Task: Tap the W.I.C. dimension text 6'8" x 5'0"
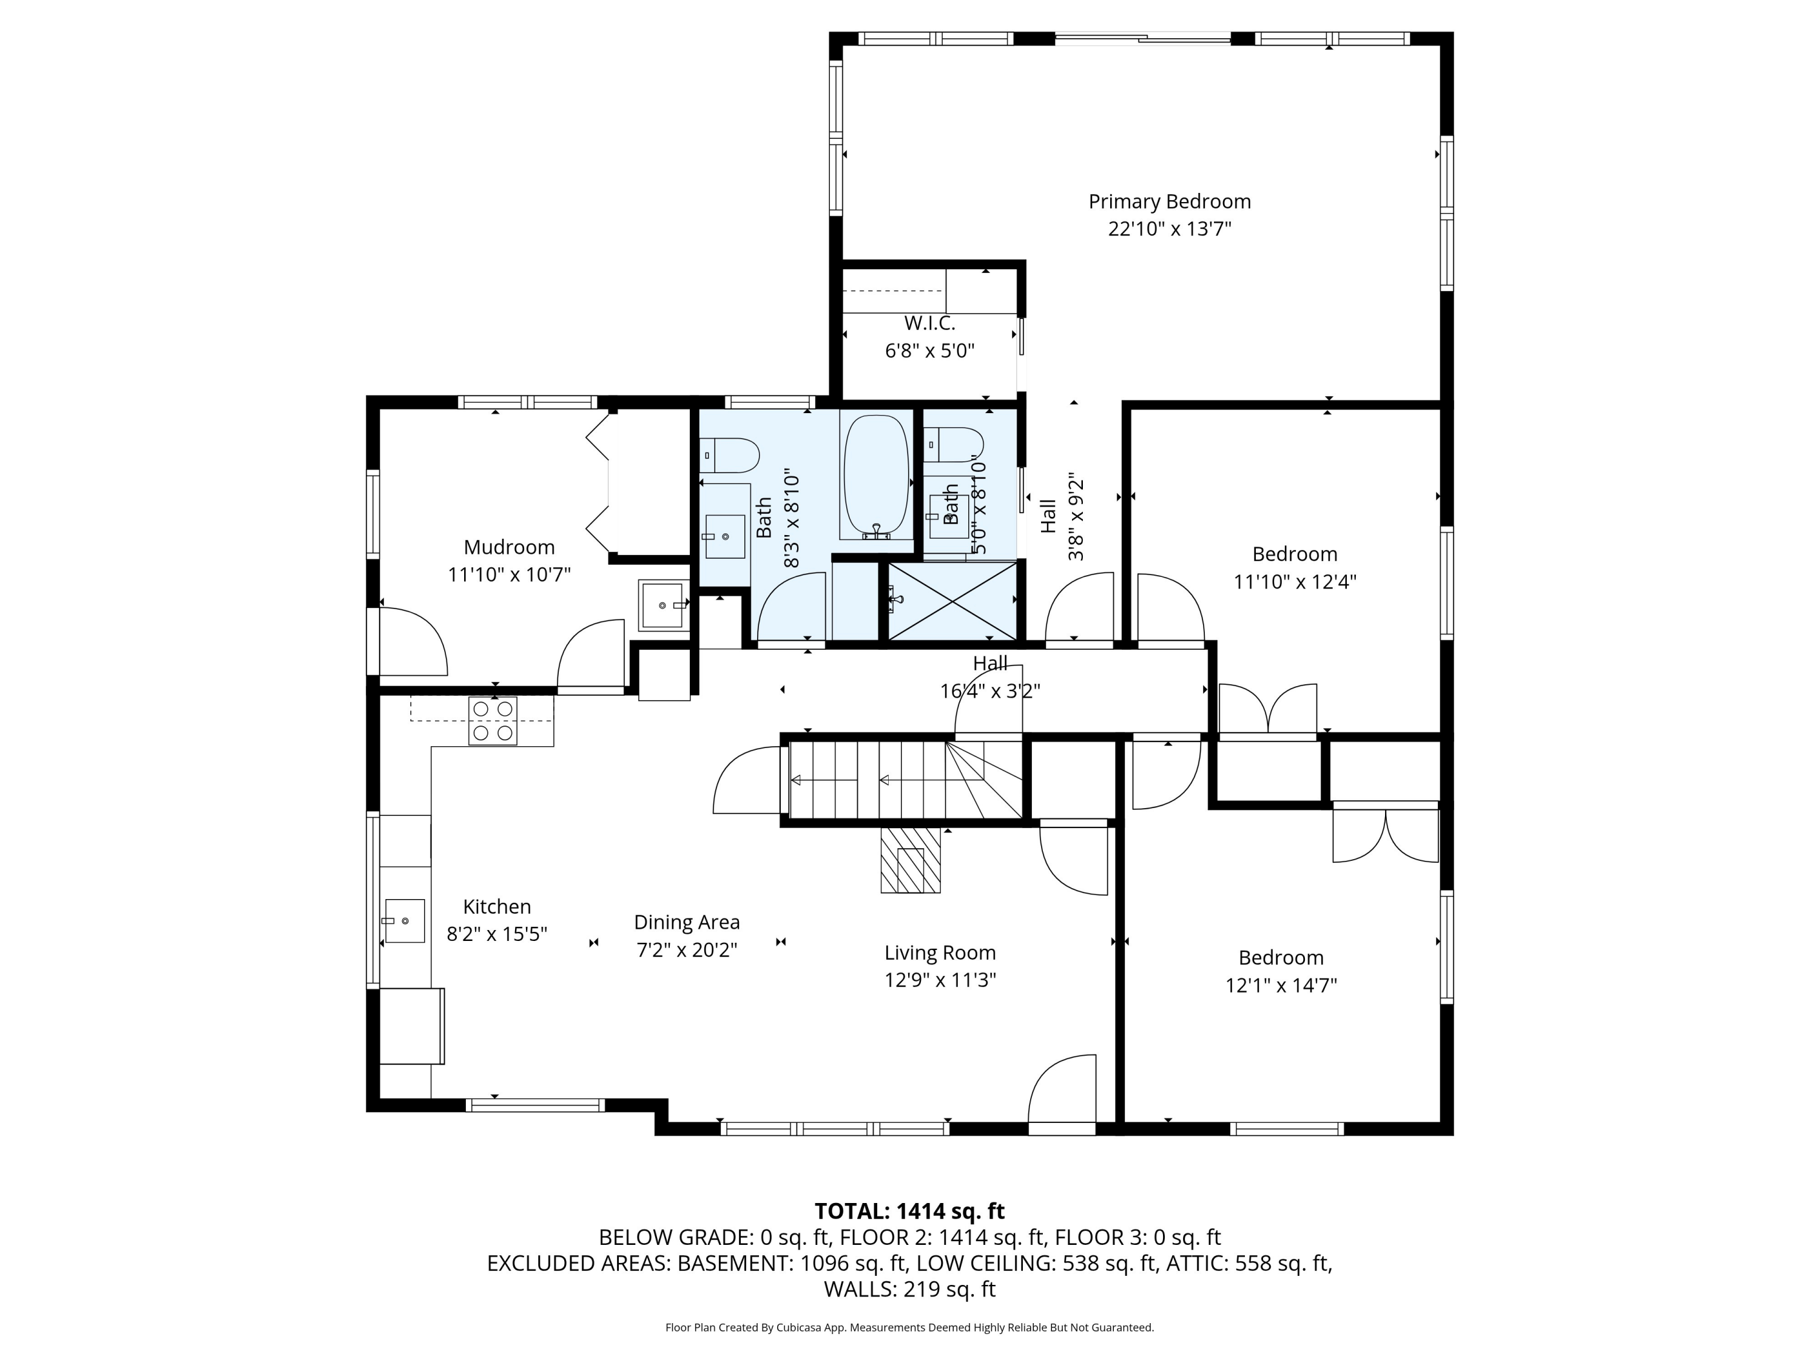pyautogui.click(x=930, y=351)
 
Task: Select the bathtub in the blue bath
pyautogui.click(x=876, y=477)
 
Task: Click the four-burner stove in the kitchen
pyautogui.click(x=493, y=721)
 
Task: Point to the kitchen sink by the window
pyautogui.click(x=404, y=921)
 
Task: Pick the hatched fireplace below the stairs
pyautogui.click(x=910, y=859)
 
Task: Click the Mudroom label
pyautogui.click(x=510, y=547)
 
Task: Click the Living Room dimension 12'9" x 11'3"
pyautogui.click(x=940, y=980)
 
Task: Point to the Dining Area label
pyautogui.click(x=687, y=922)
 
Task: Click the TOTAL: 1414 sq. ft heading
pyautogui.click(x=909, y=1211)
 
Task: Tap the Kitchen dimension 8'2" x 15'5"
pyautogui.click(x=497, y=934)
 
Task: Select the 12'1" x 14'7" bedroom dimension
pyautogui.click(x=1281, y=985)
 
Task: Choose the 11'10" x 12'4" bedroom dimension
pyautogui.click(x=1295, y=582)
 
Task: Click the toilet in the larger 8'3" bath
pyautogui.click(x=729, y=456)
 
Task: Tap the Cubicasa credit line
pyautogui.click(x=909, y=1327)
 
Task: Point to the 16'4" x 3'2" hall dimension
pyautogui.click(x=991, y=691)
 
